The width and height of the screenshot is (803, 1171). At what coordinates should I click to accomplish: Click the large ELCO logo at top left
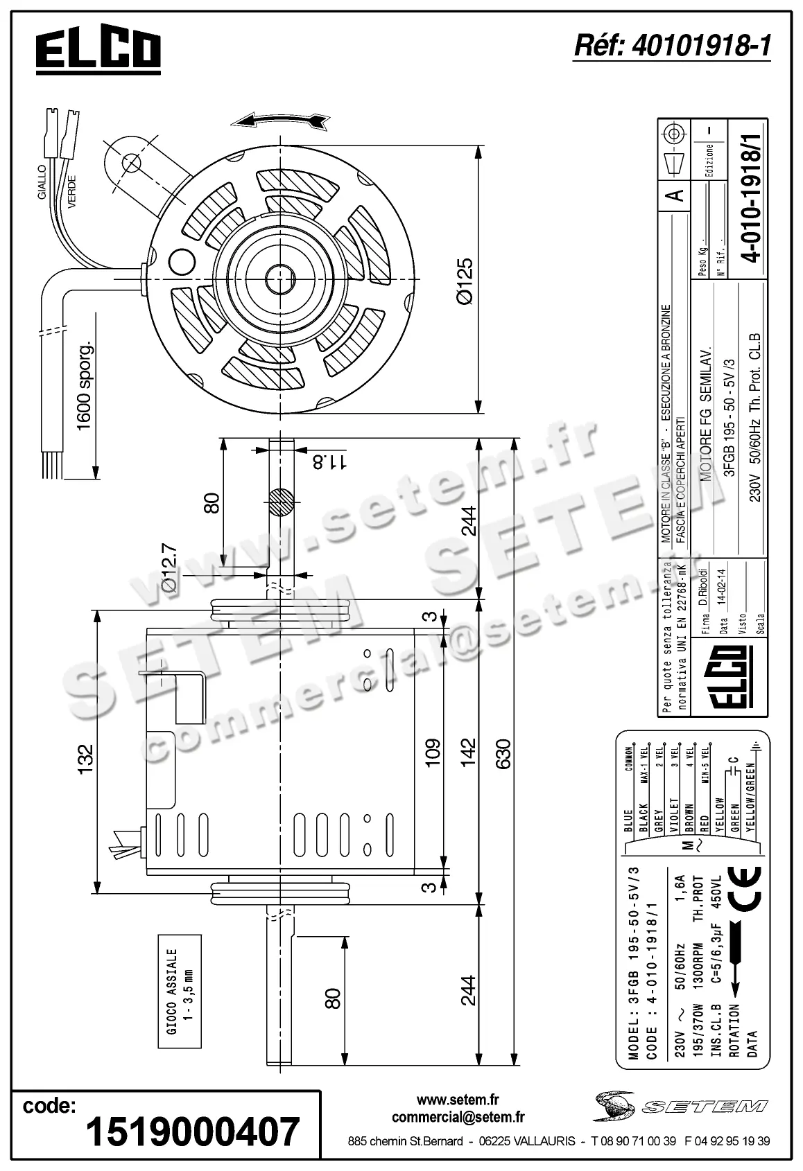[98, 52]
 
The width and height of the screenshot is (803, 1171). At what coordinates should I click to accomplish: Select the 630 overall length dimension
[501, 754]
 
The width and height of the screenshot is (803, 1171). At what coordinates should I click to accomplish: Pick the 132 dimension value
[85, 759]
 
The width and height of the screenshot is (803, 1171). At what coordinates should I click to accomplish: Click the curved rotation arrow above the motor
[281, 121]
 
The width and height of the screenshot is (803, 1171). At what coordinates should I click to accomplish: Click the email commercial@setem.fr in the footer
[458, 1117]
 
